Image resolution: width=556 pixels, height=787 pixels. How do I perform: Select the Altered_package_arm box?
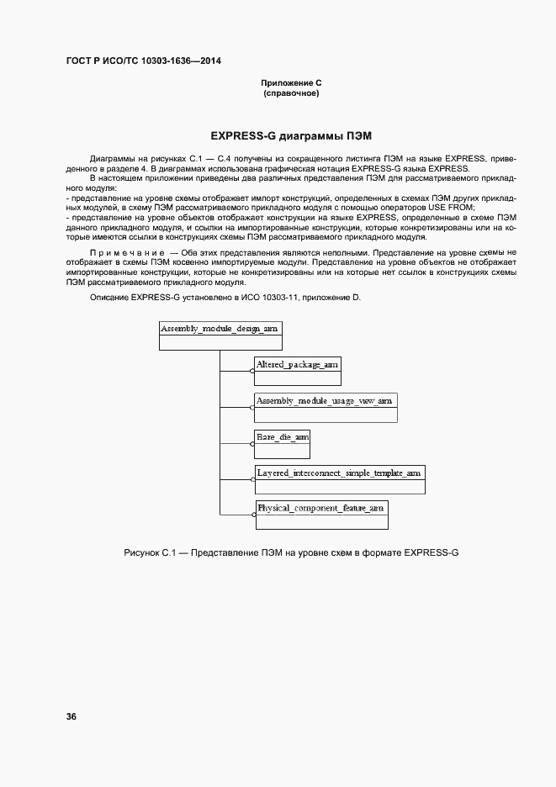click(x=298, y=371)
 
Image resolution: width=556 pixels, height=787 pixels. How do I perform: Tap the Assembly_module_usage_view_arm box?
click(x=325, y=407)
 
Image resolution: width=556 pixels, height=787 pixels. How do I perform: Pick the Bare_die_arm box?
click(x=283, y=443)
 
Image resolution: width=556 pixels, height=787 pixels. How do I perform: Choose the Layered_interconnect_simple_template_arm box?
click(x=340, y=479)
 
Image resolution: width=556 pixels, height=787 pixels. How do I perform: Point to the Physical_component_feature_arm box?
click(x=321, y=515)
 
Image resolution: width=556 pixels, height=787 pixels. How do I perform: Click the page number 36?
click(x=71, y=716)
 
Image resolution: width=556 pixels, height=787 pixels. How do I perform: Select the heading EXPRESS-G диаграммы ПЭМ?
click(x=290, y=135)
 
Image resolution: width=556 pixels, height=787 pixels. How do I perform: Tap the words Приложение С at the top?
click(x=291, y=83)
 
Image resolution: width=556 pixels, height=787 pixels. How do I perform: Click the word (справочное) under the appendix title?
click(x=291, y=93)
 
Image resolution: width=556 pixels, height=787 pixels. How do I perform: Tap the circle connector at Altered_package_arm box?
click(x=252, y=370)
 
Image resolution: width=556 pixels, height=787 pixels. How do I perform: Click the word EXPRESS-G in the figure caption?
click(x=431, y=552)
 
